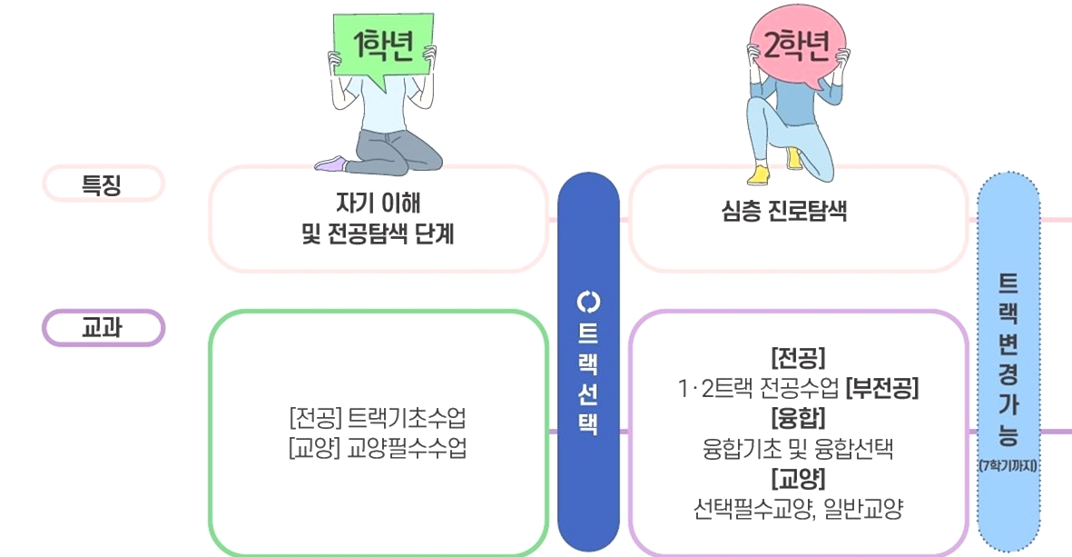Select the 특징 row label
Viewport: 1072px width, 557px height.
coord(103,184)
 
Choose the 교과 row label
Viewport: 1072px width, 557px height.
coord(103,328)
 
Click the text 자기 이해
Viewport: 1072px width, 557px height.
coord(379,204)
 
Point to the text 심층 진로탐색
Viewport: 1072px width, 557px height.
coord(784,210)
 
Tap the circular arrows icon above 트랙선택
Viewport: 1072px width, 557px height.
coord(588,301)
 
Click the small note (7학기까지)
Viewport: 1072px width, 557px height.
coord(1008,466)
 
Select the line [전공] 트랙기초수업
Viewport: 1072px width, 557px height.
coord(378,417)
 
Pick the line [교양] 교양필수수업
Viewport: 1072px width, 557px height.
coord(378,448)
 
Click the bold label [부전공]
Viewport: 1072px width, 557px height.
coord(882,388)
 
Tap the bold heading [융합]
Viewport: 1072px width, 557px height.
coord(798,418)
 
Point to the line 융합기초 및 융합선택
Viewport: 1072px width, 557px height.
coord(798,449)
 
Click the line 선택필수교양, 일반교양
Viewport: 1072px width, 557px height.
coord(798,509)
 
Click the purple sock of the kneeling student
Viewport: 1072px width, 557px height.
coord(332,164)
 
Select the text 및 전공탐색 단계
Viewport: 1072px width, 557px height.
coord(379,234)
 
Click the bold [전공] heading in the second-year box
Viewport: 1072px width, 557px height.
coord(798,358)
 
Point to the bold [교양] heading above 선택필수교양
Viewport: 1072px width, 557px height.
coord(798,478)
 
